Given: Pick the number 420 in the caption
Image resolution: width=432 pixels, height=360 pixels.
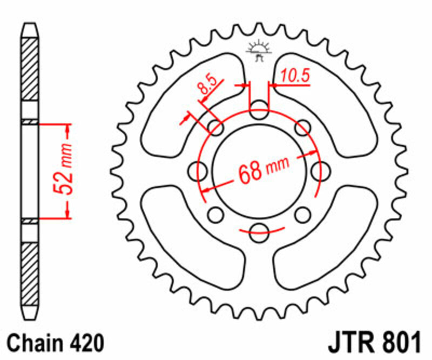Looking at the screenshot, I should (85, 343).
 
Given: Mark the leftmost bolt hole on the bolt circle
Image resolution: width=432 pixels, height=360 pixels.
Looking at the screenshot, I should (197, 171).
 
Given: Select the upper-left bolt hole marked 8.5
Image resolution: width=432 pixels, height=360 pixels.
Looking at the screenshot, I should (215, 128).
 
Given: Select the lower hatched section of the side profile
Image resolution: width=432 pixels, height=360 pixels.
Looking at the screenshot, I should (30, 273).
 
